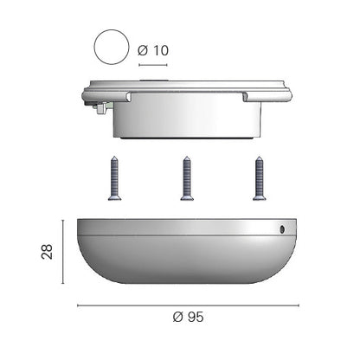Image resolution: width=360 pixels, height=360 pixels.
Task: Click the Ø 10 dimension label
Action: coord(153,50)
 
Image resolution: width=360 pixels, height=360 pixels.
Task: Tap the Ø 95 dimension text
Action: coord(188,317)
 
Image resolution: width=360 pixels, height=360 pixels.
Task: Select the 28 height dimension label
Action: coord(48,252)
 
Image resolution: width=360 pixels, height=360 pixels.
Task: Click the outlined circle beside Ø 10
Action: coord(112,47)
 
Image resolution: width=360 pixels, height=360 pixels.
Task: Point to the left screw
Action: coord(114,178)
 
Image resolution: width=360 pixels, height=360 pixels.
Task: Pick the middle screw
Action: coord(187,178)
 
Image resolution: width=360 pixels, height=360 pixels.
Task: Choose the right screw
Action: coord(259,178)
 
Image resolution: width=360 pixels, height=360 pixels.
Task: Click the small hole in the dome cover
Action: coord(282,229)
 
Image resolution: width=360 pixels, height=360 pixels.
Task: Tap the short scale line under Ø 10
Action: coord(153,65)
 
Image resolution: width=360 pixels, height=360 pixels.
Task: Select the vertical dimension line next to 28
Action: coord(63,252)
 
